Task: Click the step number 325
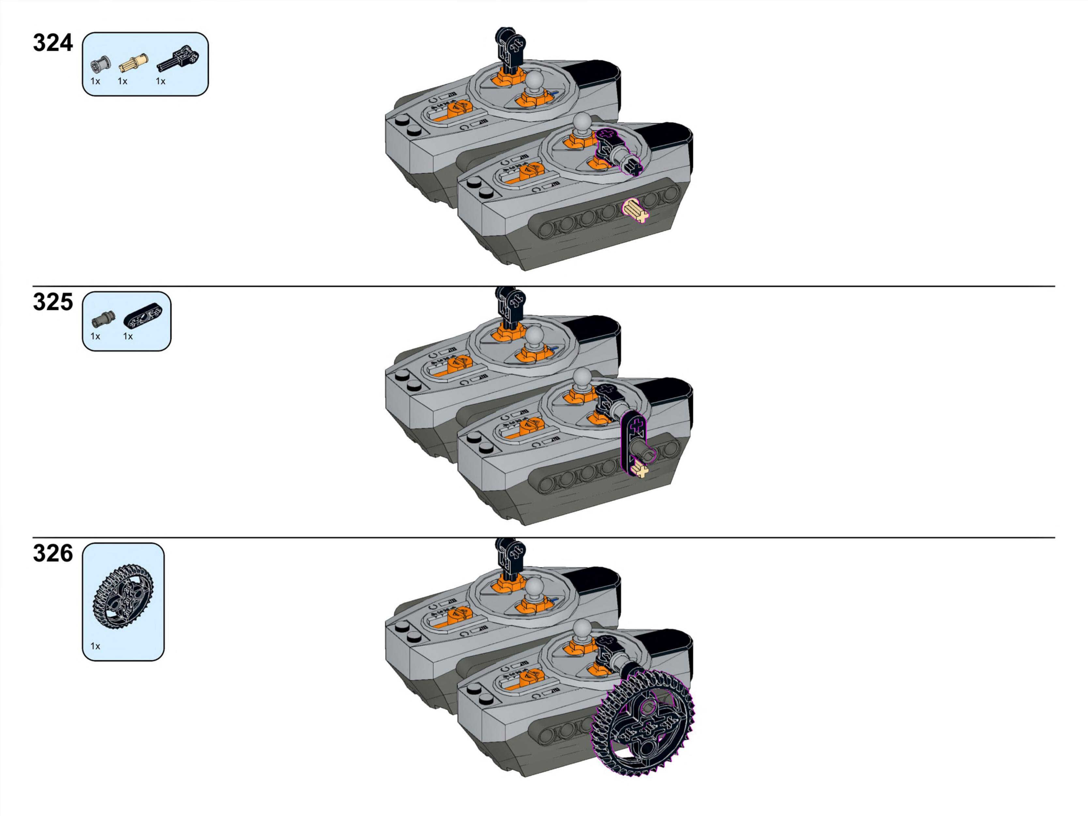pos(53,302)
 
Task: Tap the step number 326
pos(53,553)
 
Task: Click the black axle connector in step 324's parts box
pos(178,58)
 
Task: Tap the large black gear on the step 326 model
pos(642,723)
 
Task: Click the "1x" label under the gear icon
pos(95,646)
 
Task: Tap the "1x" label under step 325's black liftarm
pos(128,337)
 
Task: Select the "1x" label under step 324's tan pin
pos(122,81)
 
